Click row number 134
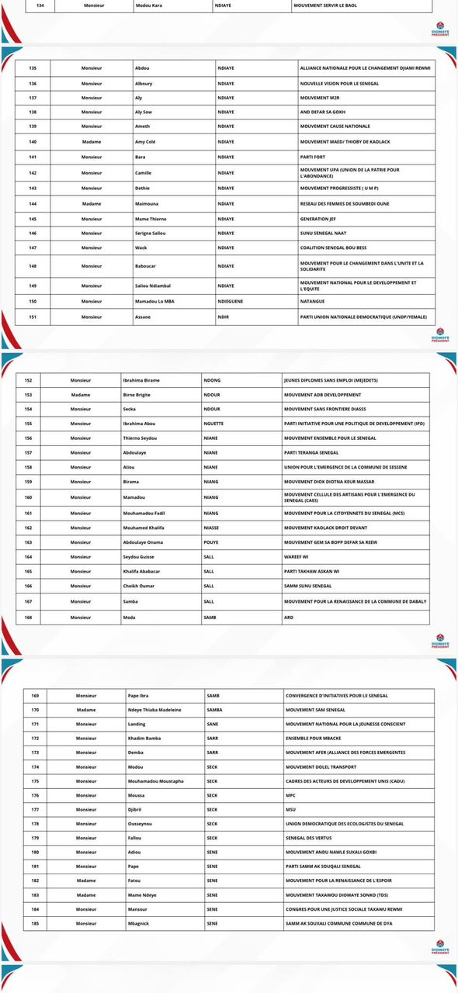coord(29,5)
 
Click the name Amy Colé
coord(147,142)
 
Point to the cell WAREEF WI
coord(297,557)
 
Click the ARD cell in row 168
coord(288,617)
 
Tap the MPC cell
coord(291,795)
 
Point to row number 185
coord(35,923)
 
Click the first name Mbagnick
coord(140,923)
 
